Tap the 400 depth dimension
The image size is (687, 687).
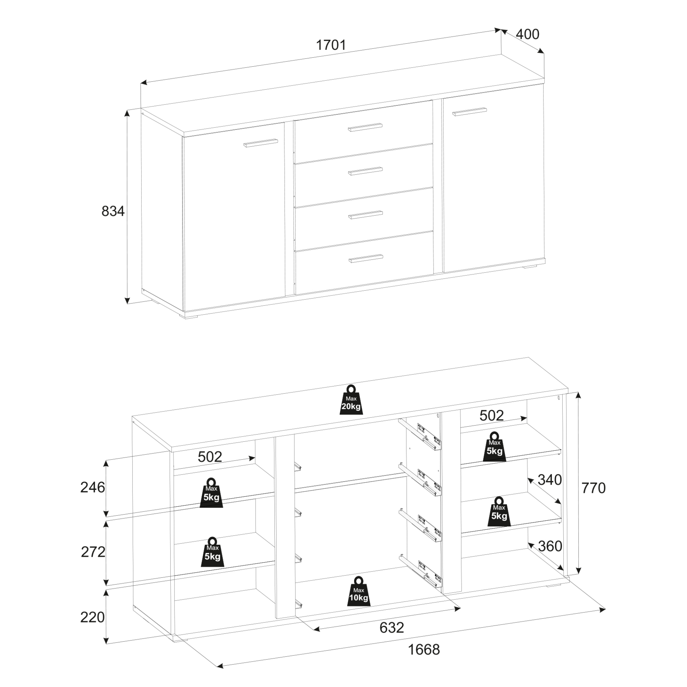tap(527, 34)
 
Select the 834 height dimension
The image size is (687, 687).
tap(113, 211)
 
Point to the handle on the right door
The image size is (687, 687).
tap(470, 111)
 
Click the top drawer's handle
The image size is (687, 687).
tap(365, 127)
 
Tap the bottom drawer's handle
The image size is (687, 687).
tap(366, 259)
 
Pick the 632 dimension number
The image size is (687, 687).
tap(392, 628)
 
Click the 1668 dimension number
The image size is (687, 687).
tap(424, 650)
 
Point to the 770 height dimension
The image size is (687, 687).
tap(593, 488)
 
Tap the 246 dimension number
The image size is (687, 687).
tap(92, 487)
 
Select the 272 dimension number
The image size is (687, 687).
tap(93, 552)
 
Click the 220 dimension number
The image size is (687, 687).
tap(92, 617)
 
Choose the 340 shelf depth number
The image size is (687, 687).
tap(549, 480)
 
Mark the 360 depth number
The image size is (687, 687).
tap(550, 546)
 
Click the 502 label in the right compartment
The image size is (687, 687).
tap(492, 415)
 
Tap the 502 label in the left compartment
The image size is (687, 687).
tap(210, 457)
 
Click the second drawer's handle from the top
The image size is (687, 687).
tap(365, 171)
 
